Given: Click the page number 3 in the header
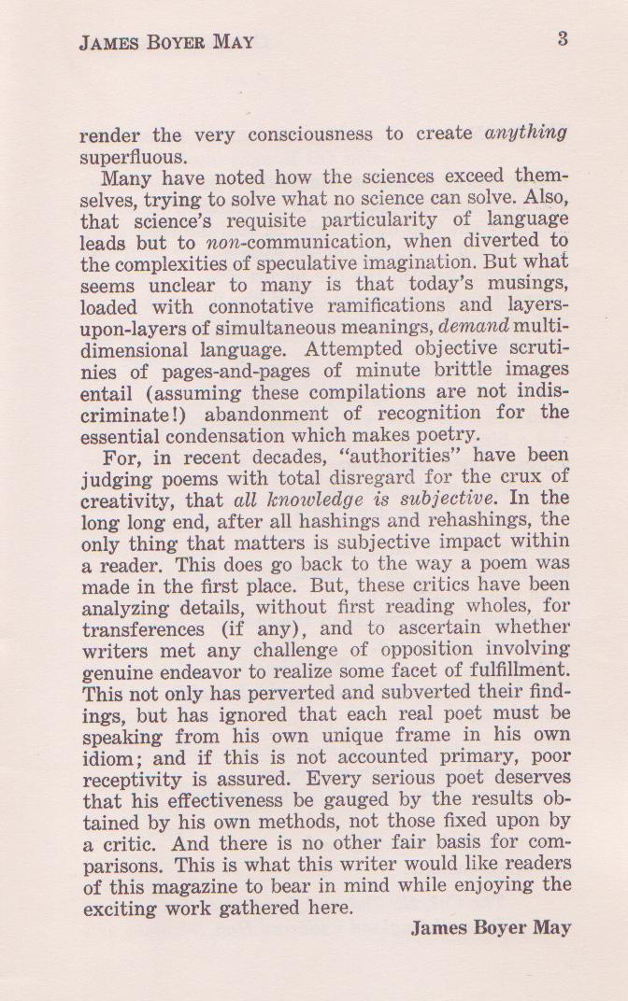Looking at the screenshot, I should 563,38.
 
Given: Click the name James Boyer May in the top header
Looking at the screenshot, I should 166,43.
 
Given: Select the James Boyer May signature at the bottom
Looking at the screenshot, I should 491,927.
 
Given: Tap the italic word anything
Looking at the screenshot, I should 526,133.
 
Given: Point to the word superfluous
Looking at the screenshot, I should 134,155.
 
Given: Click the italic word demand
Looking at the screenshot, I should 474,327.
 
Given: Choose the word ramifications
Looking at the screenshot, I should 380,305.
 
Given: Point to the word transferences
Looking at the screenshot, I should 142,628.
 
